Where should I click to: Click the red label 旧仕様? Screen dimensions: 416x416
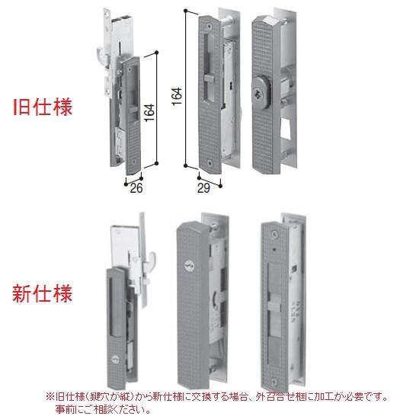point(43,107)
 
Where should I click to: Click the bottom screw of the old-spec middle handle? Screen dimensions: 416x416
point(210,161)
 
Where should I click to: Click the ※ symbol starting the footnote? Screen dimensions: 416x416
point(50,397)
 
